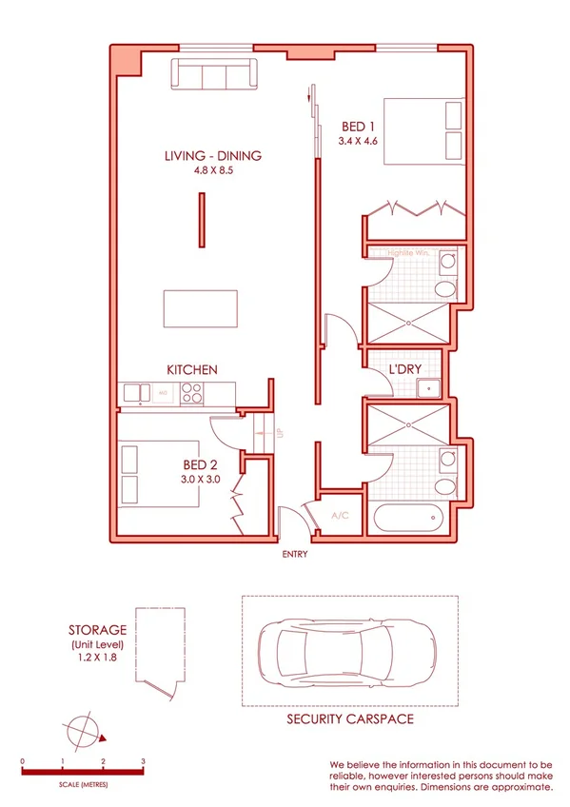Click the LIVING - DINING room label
click(x=213, y=156)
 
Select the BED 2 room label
click(x=201, y=465)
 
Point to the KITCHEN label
click(x=193, y=369)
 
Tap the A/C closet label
click(x=339, y=515)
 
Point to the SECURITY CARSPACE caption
click(x=350, y=719)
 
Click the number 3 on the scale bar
click(x=143, y=761)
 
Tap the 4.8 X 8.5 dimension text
click(x=213, y=171)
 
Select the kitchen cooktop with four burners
click(x=192, y=391)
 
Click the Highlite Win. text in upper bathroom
click(x=410, y=253)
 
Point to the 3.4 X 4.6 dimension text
click(x=358, y=141)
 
